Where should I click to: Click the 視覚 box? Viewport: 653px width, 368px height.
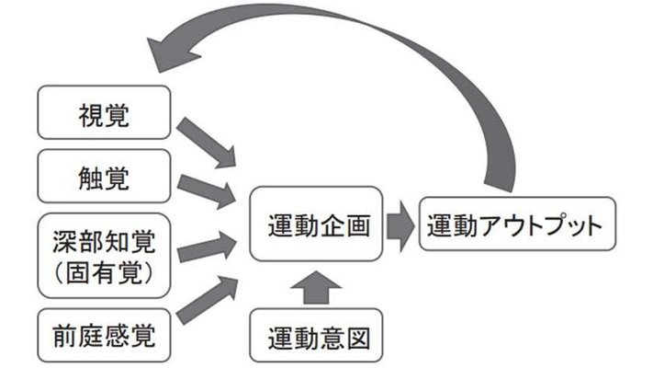[105, 114]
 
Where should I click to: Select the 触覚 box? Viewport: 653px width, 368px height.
[105, 176]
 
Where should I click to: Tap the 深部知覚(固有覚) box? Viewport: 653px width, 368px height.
[105, 255]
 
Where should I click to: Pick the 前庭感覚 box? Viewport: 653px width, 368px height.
[105, 337]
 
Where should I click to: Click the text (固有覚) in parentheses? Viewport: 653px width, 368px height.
[105, 273]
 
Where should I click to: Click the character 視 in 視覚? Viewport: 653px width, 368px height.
[90, 114]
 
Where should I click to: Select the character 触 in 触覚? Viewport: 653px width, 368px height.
[90, 176]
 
